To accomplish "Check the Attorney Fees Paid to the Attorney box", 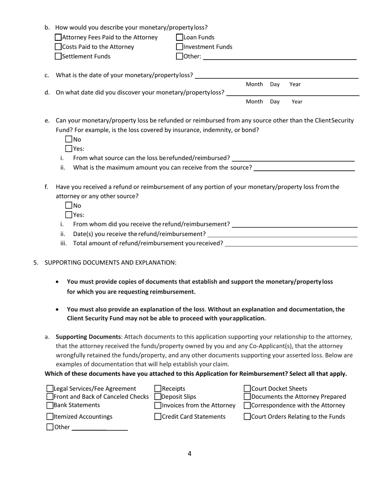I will [x=58, y=38].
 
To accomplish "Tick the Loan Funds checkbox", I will [x=180, y=38].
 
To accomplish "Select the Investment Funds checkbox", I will [x=180, y=47].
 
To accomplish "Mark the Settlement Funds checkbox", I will [x=58, y=56].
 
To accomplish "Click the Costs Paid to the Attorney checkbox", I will [x=58, y=47].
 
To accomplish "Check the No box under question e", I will [x=69, y=140].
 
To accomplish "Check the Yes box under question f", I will [x=69, y=215].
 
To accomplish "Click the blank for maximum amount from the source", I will [x=304, y=168].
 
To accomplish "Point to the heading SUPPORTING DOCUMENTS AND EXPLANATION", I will [x=110, y=262].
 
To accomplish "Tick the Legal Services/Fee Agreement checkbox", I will [x=50, y=388].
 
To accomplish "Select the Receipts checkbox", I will [x=158, y=388].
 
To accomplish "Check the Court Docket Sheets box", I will [x=248, y=388].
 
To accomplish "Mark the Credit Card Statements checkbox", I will [x=158, y=417].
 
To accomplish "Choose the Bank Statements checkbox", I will [x=50, y=405].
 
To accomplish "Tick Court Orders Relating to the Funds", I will [x=248, y=417].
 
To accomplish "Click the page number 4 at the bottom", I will [x=190, y=454].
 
